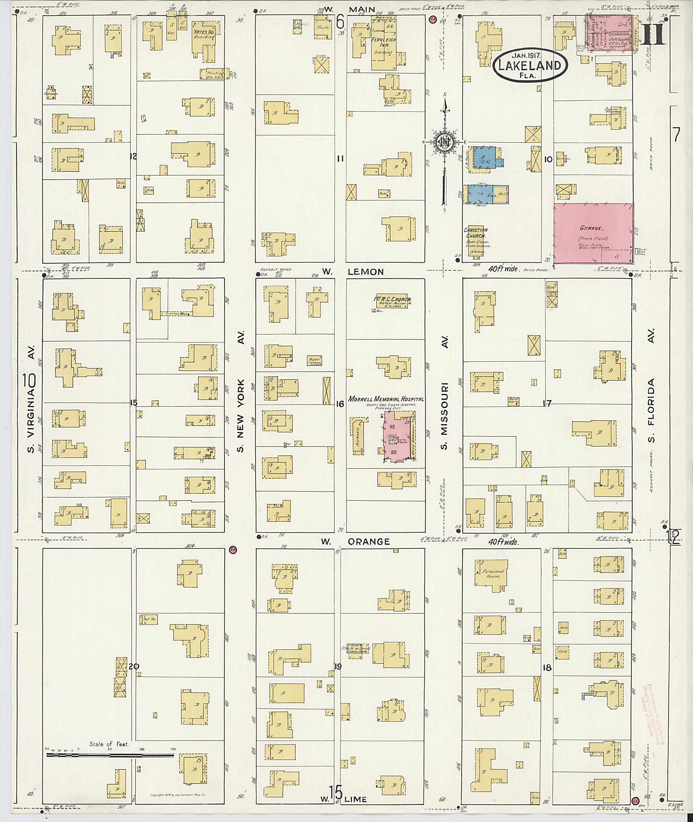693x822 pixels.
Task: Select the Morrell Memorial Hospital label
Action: click(x=386, y=398)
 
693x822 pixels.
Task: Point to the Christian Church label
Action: click(x=476, y=233)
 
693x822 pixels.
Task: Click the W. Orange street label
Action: click(x=355, y=541)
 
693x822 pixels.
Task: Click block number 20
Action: click(x=134, y=666)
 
